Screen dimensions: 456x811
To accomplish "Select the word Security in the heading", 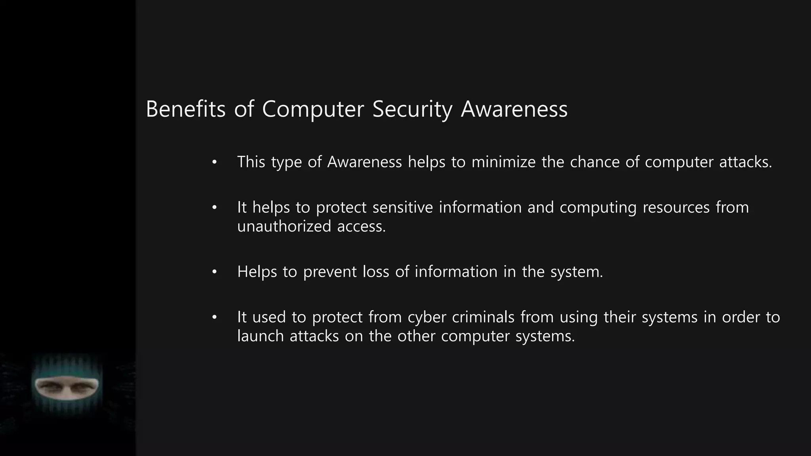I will pos(412,110).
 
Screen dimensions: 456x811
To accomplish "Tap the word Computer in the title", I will pos(313,110).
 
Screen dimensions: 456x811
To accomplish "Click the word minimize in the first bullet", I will pos(503,162).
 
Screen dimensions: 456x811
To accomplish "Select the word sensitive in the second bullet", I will pos(403,207).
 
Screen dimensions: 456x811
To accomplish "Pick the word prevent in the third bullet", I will pos(330,272).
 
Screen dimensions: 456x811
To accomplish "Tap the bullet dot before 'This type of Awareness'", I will pos(215,162).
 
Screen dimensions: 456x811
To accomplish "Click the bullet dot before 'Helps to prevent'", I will pos(215,272).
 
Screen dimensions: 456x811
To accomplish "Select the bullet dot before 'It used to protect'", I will pos(215,317).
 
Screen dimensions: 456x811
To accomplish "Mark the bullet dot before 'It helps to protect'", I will pos(215,208).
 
